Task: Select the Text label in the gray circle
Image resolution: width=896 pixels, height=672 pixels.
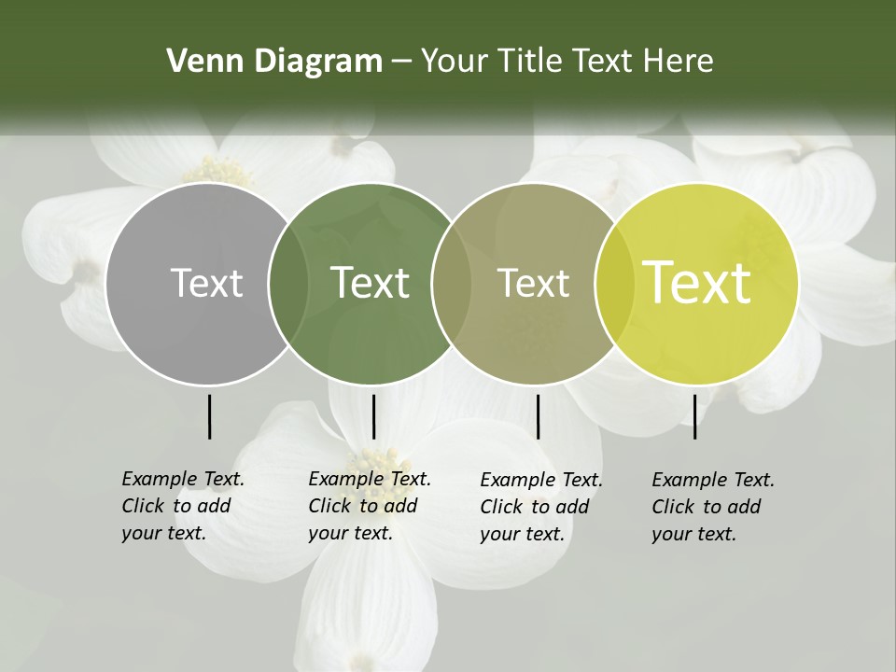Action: (x=206, y=283)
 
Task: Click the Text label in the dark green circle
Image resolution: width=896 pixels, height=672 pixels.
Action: (x=370, y=283)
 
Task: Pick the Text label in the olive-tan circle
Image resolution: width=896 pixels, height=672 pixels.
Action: (x=533, y=283)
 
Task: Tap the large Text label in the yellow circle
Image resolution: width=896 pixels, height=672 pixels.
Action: (x=696, y=282)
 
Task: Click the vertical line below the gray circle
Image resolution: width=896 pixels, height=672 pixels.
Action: (x=209, y=416)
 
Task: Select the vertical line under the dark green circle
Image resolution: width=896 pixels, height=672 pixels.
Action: (x=373, y=416)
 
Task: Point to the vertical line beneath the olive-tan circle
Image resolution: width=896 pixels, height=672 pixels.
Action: (x=538, y=416)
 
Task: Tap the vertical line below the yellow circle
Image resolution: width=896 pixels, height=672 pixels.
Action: (x=695, y=416)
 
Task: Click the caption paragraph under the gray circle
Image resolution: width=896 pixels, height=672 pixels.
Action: (x=183, y=506)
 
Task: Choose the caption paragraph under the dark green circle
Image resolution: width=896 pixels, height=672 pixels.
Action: (x=370, y=506)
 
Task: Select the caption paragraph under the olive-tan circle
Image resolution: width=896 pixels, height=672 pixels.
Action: (x=541, y=507)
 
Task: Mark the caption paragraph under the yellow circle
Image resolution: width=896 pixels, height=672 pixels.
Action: (x=713, y=507)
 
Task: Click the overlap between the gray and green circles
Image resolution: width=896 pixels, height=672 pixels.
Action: (x=288, y=283)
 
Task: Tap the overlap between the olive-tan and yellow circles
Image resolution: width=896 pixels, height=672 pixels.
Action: (x=614, y=283)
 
